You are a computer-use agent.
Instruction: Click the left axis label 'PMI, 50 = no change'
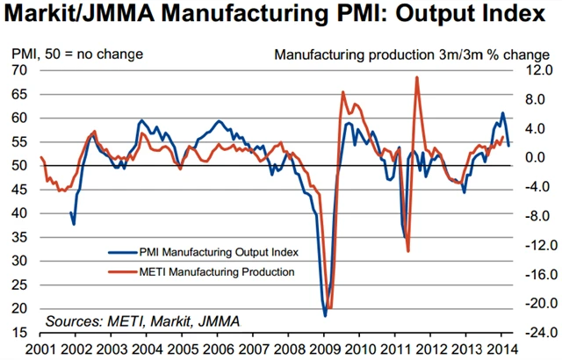76,54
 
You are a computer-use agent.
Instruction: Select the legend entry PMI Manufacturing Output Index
219,252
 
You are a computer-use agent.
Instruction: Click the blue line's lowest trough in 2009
325,315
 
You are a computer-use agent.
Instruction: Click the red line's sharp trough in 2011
408,252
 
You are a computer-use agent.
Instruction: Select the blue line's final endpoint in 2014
509,145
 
